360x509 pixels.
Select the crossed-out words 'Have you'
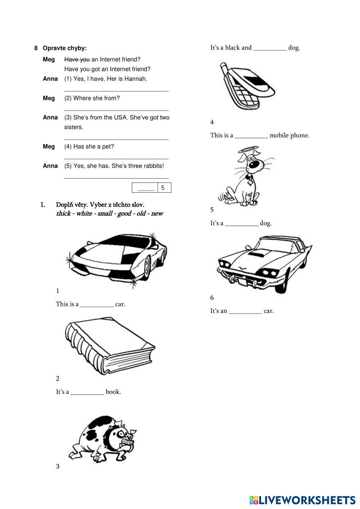tap(77, 59)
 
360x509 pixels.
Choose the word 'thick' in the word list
tap(63, 214)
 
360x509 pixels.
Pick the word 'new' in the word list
tap(157, 214)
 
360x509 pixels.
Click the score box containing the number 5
tap(163, 188)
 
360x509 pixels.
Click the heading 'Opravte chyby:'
tap(64, 48)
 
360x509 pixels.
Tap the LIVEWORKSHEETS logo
tap(302, 500)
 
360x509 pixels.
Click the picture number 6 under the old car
tap(212, 298)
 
